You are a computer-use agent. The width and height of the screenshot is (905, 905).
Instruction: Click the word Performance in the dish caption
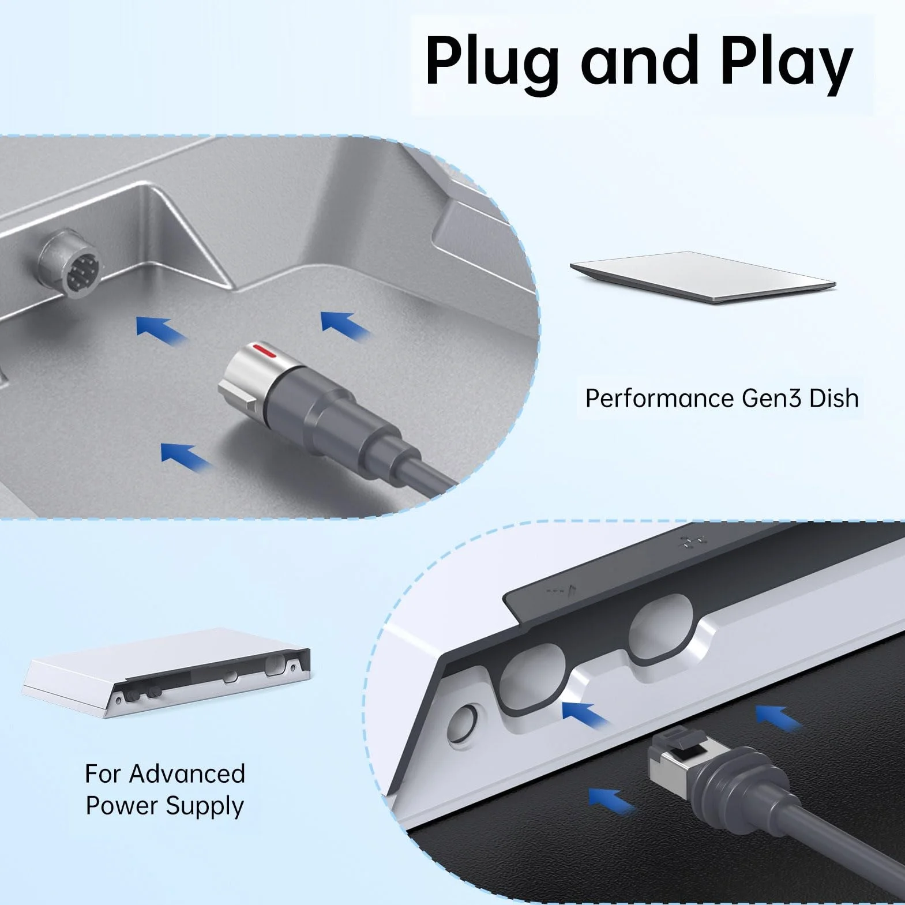coord(659,399)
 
